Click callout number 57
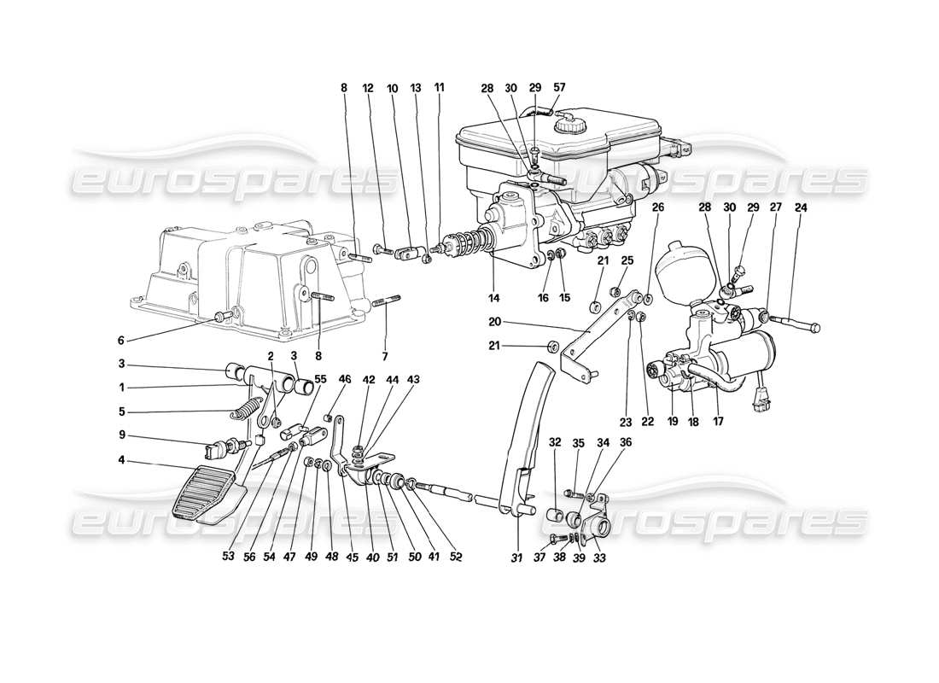point(560,88)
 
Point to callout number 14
point(494,298)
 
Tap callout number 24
point(801,207)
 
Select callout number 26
point(657,206)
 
